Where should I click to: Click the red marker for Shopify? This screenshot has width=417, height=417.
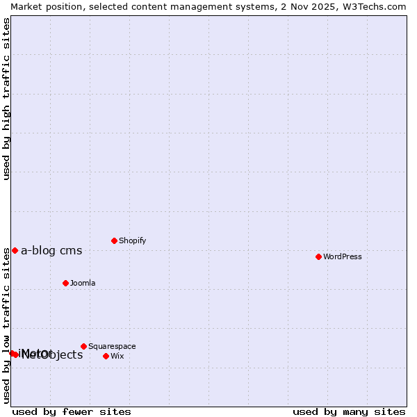114,240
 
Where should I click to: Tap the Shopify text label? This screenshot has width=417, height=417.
132,241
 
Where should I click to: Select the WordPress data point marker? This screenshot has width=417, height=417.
318,256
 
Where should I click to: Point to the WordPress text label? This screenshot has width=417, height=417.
342,257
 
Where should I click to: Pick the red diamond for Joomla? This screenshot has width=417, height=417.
65,283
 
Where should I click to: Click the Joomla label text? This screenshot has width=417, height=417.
83,284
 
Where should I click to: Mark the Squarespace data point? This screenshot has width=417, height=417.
83,346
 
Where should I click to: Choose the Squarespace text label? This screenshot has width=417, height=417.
112,347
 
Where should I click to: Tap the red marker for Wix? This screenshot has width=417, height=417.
106,356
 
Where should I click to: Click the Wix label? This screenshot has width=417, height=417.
117,357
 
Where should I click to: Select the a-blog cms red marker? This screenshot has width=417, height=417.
15,250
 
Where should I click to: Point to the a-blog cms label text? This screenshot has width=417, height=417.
51,251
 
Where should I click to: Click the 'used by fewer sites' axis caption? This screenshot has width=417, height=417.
72,411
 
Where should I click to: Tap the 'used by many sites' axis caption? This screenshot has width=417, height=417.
349,411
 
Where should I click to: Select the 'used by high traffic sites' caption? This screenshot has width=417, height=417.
6,99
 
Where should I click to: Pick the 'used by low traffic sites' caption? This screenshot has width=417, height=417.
6,325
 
